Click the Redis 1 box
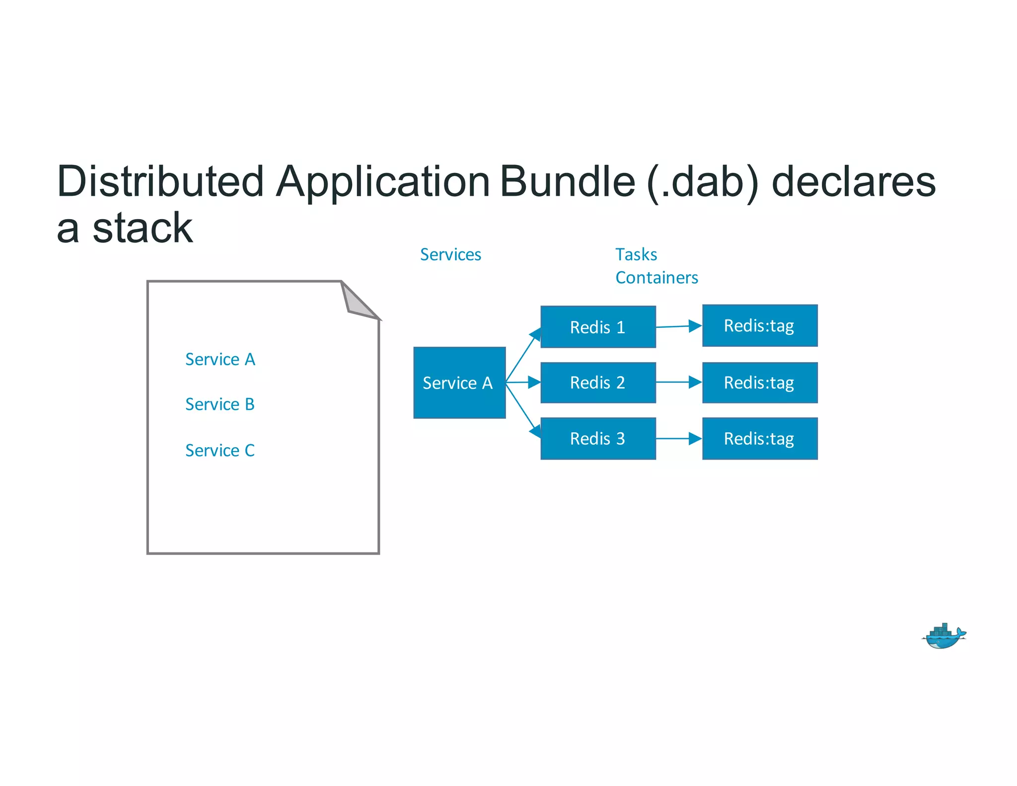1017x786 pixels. (x=598, y=327)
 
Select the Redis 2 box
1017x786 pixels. (x=598, y=383)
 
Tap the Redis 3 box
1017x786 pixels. (x=598, y=438)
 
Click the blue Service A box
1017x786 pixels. (x=459, y=383)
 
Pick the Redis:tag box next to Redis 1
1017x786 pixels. (x=759, y=326)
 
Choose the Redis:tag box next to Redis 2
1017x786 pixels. (x=759, y=383)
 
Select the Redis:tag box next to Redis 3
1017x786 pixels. (x=759, y=438)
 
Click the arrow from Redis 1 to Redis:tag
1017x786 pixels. (x=678, y=326)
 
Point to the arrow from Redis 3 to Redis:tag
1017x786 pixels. (x=678, y=439)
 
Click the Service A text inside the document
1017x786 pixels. (x=220, y=359)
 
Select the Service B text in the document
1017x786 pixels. (x=219, y=404)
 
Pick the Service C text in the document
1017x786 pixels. (x=219, y=450)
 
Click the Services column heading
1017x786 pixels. (x=450, y=254)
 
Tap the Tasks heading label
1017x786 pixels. (x=636, y=254)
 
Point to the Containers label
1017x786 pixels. (x=656, y=278)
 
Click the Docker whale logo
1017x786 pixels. (x=944, y=637)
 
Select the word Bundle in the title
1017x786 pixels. (x=568, y=182)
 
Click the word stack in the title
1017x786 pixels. (x=143, y=228)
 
